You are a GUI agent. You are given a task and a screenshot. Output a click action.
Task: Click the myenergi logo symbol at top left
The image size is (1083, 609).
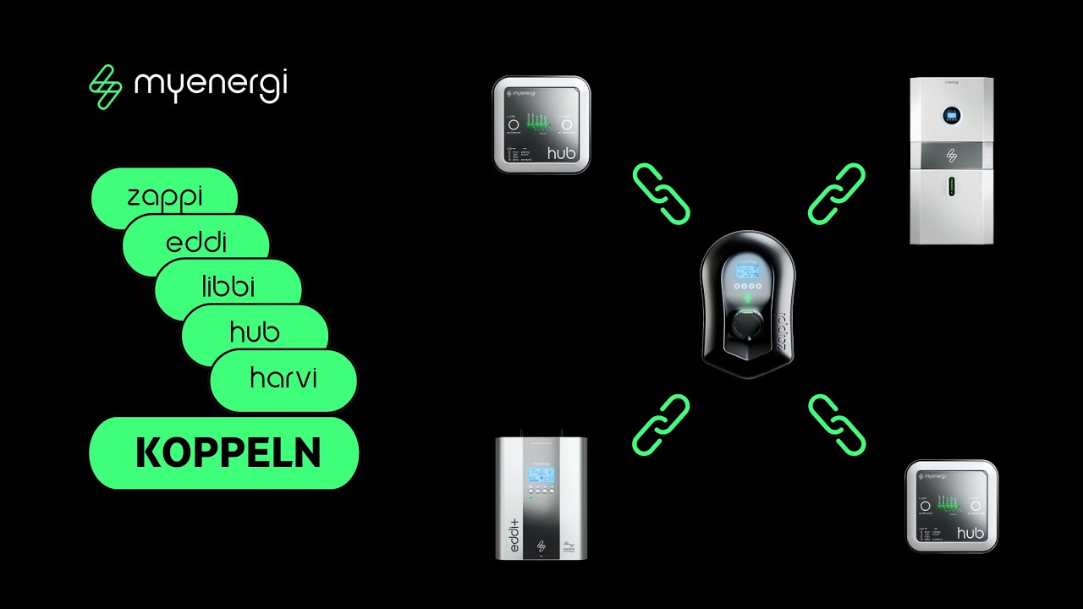coord(106,88)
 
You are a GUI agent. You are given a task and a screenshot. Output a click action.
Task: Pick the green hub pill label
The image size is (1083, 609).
coord(256,332)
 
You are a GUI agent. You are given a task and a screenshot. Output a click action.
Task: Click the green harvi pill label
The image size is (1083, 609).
coord(283,378)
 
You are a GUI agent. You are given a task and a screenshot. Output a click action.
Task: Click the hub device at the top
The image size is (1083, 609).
coord(541,124)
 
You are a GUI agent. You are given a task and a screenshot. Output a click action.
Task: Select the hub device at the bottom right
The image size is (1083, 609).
coord(952,506)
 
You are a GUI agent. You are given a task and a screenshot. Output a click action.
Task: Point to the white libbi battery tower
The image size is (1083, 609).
coord(951,161)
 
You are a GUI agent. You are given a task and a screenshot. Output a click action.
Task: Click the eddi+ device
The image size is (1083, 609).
coord(541,497)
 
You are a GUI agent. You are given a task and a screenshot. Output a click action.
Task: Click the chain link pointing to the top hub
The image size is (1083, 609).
coord(662,195)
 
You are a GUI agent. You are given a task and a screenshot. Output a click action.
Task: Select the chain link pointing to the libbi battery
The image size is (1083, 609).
coord(836,195)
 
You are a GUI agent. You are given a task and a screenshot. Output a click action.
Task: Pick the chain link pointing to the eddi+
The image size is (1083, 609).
coord(661,425)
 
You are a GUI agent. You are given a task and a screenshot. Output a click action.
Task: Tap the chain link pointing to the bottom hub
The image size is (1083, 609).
coord(836,425)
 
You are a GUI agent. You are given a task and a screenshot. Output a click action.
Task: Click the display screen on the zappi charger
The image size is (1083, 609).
coord(746,272)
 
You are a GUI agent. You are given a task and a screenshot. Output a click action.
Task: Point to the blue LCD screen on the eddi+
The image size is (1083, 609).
coord(541,474)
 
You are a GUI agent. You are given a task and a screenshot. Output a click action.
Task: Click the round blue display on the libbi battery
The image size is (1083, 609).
coord(951,116)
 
